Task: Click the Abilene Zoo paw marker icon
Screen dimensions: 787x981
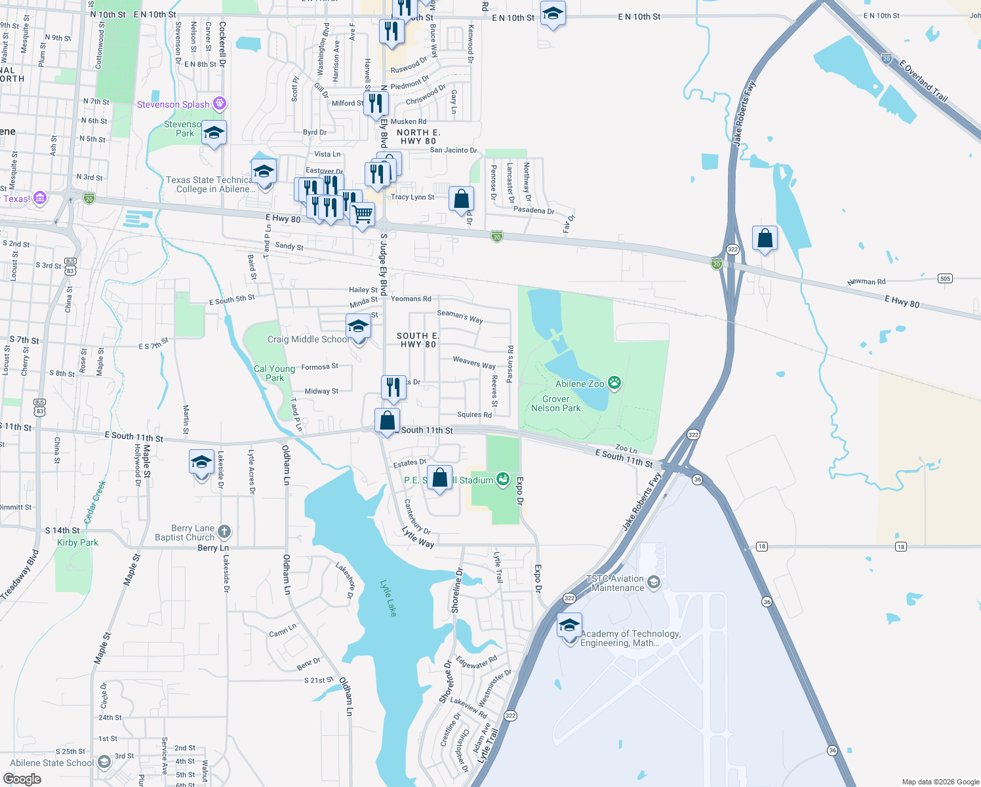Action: click(x=614, y=383)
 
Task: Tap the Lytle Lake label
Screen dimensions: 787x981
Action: click(x=389, y=597)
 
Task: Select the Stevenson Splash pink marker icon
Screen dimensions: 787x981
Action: click(x=220, y=104)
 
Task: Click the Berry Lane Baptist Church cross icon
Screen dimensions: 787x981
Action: click(x=224, y=532)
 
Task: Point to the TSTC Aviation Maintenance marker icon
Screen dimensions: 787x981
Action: click(x=653, y=582)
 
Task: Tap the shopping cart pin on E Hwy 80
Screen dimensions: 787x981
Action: click(x=363, y=214)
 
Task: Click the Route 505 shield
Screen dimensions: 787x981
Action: click(x=945, y=278)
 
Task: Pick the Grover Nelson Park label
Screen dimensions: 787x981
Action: click(x=555, y=403)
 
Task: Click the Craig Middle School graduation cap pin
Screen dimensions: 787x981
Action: click(x=358, y=327)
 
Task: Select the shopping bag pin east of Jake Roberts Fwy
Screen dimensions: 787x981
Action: click(x=765, y=239)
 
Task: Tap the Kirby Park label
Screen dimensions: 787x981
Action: click(x=77, y=542)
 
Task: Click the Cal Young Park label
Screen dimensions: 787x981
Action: click(x=274, y=373)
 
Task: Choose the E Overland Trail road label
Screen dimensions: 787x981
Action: click(x=923, y=81)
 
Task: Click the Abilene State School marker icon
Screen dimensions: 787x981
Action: click(x=104, y=762)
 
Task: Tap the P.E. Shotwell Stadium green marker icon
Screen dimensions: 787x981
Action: click(x=503, y=479)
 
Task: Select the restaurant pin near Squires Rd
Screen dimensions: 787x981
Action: click(x=393, y=387)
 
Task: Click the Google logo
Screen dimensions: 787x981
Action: click(x=22, y=778)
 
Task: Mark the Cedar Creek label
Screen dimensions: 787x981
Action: click(x=95, y=502)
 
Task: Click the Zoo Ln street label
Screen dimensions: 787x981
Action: click(x=626, y=449)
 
